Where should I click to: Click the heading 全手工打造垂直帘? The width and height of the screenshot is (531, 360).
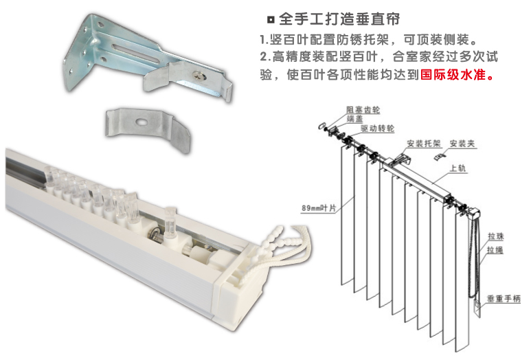point(339,19)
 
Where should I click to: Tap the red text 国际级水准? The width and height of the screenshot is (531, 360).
point(453,74)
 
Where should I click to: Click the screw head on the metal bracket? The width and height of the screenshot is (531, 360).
point(199,76)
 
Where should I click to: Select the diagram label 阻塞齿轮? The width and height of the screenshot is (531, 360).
point(363,110)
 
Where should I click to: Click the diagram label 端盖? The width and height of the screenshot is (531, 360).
point(354,119)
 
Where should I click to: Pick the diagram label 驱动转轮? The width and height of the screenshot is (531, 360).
point(377,128)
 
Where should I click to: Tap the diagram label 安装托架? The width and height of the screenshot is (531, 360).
point(424,144)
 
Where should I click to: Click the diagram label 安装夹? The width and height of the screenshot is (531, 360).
point(462,144)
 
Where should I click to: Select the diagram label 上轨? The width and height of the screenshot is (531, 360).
point(458,168)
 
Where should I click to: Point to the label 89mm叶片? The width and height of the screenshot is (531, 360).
point(319,208)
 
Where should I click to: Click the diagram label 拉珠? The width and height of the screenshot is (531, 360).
point(496,236)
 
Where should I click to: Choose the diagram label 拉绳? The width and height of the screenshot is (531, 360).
point(495,250)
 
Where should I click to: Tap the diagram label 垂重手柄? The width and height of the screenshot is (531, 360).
point(504,299)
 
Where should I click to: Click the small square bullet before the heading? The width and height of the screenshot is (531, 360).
point(271,20)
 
